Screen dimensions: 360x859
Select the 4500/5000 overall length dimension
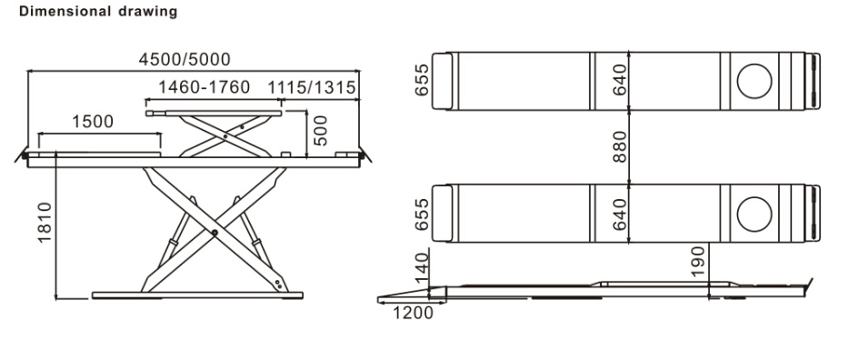[184, 60]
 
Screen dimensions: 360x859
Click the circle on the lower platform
[754, 213]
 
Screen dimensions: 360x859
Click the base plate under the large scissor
[199, 295]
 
